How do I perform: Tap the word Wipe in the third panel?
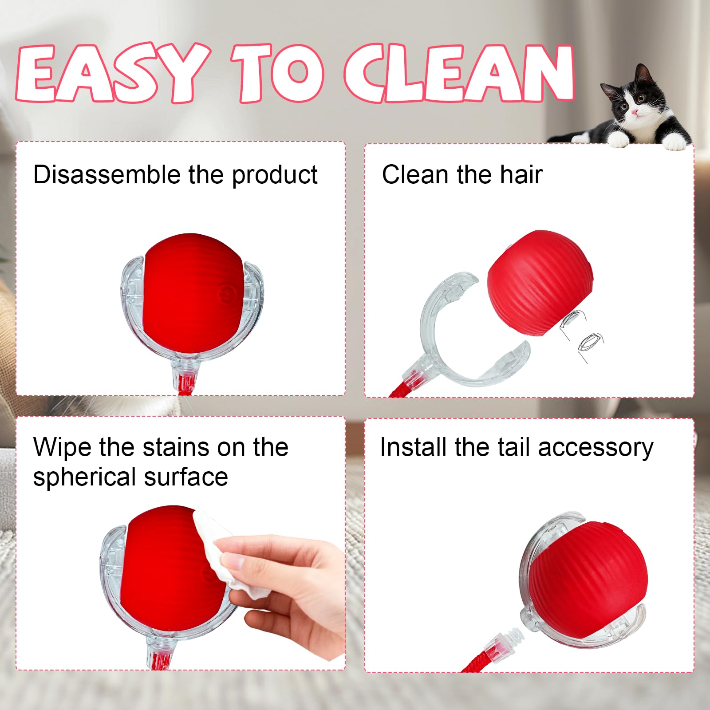tap(63, 447)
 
